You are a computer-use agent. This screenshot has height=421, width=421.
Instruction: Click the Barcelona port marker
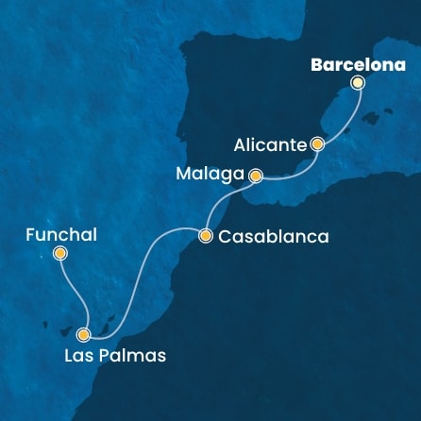tap(357, 83)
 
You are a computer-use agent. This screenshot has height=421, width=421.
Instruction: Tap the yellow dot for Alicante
tap(317, 144)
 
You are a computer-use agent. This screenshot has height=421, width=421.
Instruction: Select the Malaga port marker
tap(254, 175)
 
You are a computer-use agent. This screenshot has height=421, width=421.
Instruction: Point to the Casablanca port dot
tap(205, 237)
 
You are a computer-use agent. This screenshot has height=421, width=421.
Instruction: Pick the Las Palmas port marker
tap(84, 333)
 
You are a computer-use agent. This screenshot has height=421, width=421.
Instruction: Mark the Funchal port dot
tap(60, 253)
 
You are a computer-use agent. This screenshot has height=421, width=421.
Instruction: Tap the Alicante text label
tap(270, 145)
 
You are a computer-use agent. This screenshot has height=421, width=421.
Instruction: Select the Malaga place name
tap(212, 175)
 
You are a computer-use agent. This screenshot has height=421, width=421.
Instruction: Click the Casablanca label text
tap(274, 238)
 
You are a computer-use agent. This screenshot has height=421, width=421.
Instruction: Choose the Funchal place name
tap(61, 234)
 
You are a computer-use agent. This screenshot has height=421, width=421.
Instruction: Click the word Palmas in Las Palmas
tap(133, 356)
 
